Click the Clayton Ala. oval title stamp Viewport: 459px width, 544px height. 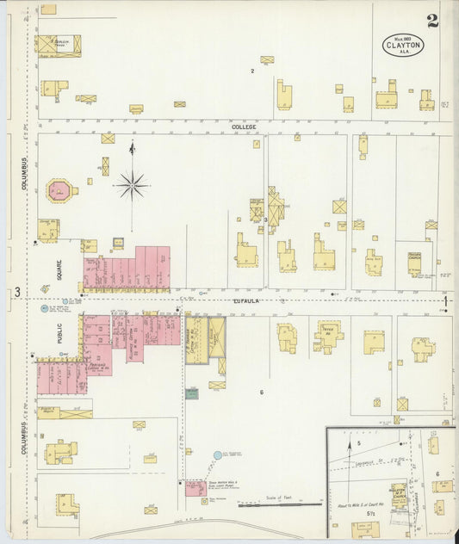pos(403,45)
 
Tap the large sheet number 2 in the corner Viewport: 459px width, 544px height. pos(431,21)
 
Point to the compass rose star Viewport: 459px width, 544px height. pos(132,182)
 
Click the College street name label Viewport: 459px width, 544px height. pos(244,127)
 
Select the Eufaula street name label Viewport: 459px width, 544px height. pos(245,301)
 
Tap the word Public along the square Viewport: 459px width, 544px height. pos(60,333)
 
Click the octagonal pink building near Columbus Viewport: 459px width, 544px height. pos(61,190)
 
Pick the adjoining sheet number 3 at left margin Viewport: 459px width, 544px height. pos(17,293)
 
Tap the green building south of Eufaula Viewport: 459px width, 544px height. pos(191,393)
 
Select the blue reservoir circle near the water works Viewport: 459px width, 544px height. pos(217,454)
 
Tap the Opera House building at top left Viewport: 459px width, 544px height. pos(58,44)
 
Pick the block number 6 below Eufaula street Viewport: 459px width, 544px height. pos(261,393)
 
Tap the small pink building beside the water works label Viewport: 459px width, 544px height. pos(195,489)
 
